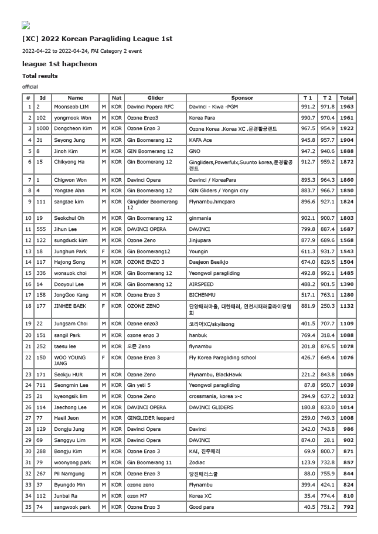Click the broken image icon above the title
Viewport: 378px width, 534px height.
26,25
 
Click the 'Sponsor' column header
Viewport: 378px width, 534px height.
242,98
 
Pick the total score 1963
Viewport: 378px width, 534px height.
347,107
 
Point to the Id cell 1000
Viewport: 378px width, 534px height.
42,128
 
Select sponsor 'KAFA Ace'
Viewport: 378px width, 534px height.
200,140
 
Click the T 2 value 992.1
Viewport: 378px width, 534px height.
328,273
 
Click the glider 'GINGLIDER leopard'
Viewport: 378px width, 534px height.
151,418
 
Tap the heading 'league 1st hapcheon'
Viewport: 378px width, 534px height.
60,64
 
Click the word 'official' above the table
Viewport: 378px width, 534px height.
30,87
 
